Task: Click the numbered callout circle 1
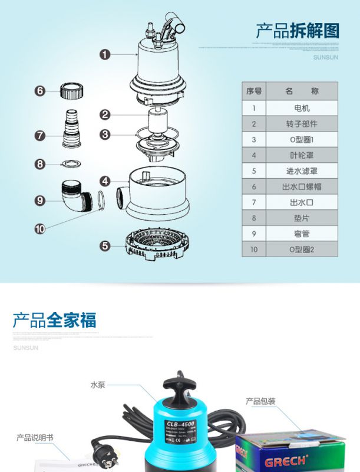coord(105,55)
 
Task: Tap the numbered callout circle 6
coord(40,91)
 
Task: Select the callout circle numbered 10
coord(40,228)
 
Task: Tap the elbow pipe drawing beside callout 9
coord(75,198)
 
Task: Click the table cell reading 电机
coord(302,108)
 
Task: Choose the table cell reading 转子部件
coord(302,124)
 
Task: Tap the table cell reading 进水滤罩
coord(302,171)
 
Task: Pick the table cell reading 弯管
coord(302,234)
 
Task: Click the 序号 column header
coord(254,91)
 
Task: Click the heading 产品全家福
coord(54,320)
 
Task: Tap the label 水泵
coord(97,384)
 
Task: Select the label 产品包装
coord(260,402)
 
